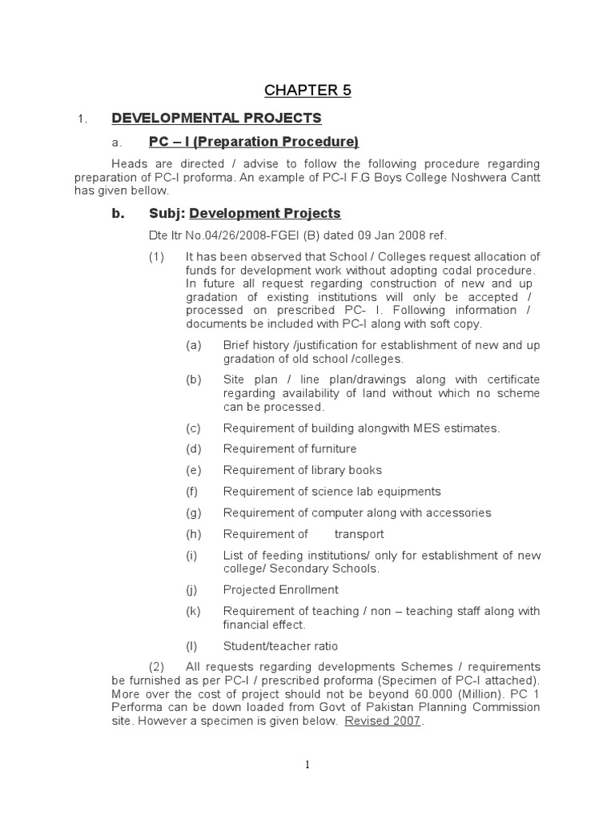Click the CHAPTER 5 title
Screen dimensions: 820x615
[308, 90]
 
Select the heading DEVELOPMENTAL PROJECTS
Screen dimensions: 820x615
[216, 119]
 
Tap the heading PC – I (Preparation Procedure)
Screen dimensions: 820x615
[254, 143]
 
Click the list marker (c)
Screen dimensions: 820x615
[193, 428]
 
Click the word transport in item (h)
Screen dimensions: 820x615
[359, 534]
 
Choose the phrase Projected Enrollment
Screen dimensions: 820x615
[280, 590]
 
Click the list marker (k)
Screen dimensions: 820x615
[193, 611]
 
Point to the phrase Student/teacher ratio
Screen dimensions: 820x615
[280, 646]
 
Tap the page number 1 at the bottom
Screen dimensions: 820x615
[307, 766]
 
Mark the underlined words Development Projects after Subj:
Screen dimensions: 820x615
[265, 214]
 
